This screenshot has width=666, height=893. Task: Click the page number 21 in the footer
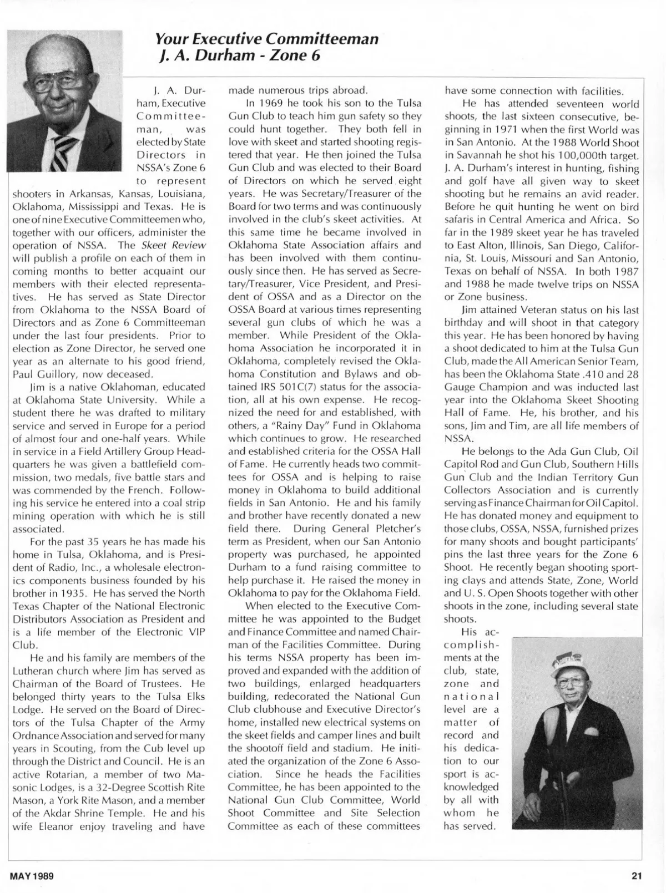point(636,876)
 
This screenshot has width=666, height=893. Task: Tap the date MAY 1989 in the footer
point(32,876)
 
